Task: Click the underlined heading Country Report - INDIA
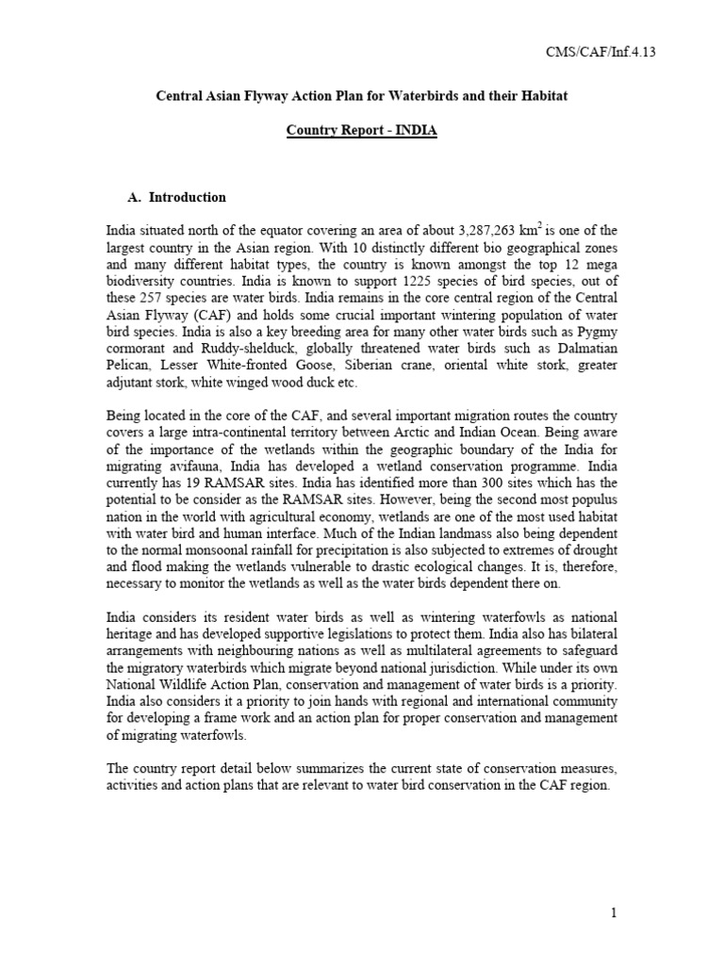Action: click(362, 131)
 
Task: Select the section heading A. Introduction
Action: click(176, 197)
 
